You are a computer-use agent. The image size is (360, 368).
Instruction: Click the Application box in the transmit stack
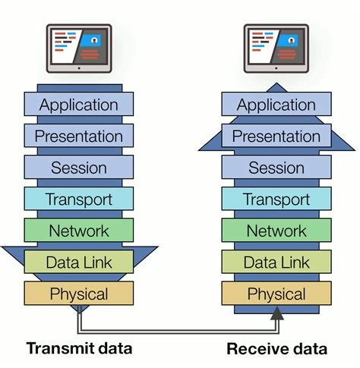click(x=79, y=104)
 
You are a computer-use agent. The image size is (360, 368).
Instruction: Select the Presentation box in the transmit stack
click(x=79, y=136)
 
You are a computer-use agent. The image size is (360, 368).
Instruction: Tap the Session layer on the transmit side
click(x=79, y=167)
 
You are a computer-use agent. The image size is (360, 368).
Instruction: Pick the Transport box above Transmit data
click(x=79, y=199)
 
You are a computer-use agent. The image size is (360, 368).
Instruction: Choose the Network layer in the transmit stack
click(x=79, y=230)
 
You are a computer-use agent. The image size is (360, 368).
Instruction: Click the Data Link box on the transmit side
click(x=79, y=262)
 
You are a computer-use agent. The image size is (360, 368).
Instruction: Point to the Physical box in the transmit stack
click(x=79, y=293)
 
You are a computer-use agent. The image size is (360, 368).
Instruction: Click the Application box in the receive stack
click(x=276, y=104)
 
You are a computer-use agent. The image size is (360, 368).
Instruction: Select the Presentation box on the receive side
click(x=276, y=136)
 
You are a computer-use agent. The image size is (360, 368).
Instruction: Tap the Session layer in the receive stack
click(x=276, y=167)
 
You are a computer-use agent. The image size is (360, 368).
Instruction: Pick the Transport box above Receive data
click(x=276, y=199)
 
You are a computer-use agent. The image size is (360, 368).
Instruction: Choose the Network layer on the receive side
click(x=276, y=230)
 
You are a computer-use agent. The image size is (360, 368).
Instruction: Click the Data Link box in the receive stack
click(x=276, y=262)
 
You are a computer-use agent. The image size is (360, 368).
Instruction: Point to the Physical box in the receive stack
click(x=276, y=293)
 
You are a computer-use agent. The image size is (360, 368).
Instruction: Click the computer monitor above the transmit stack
click(x=79, y=46)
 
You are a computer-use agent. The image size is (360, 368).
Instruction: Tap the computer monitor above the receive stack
click(x=276, y=46)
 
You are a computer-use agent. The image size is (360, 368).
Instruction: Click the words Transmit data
click(x=80, y=349)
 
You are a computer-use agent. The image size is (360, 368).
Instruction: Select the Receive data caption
click(x=277, y=349)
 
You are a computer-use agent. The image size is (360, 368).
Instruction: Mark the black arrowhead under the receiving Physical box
click(x=276, y=313)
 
